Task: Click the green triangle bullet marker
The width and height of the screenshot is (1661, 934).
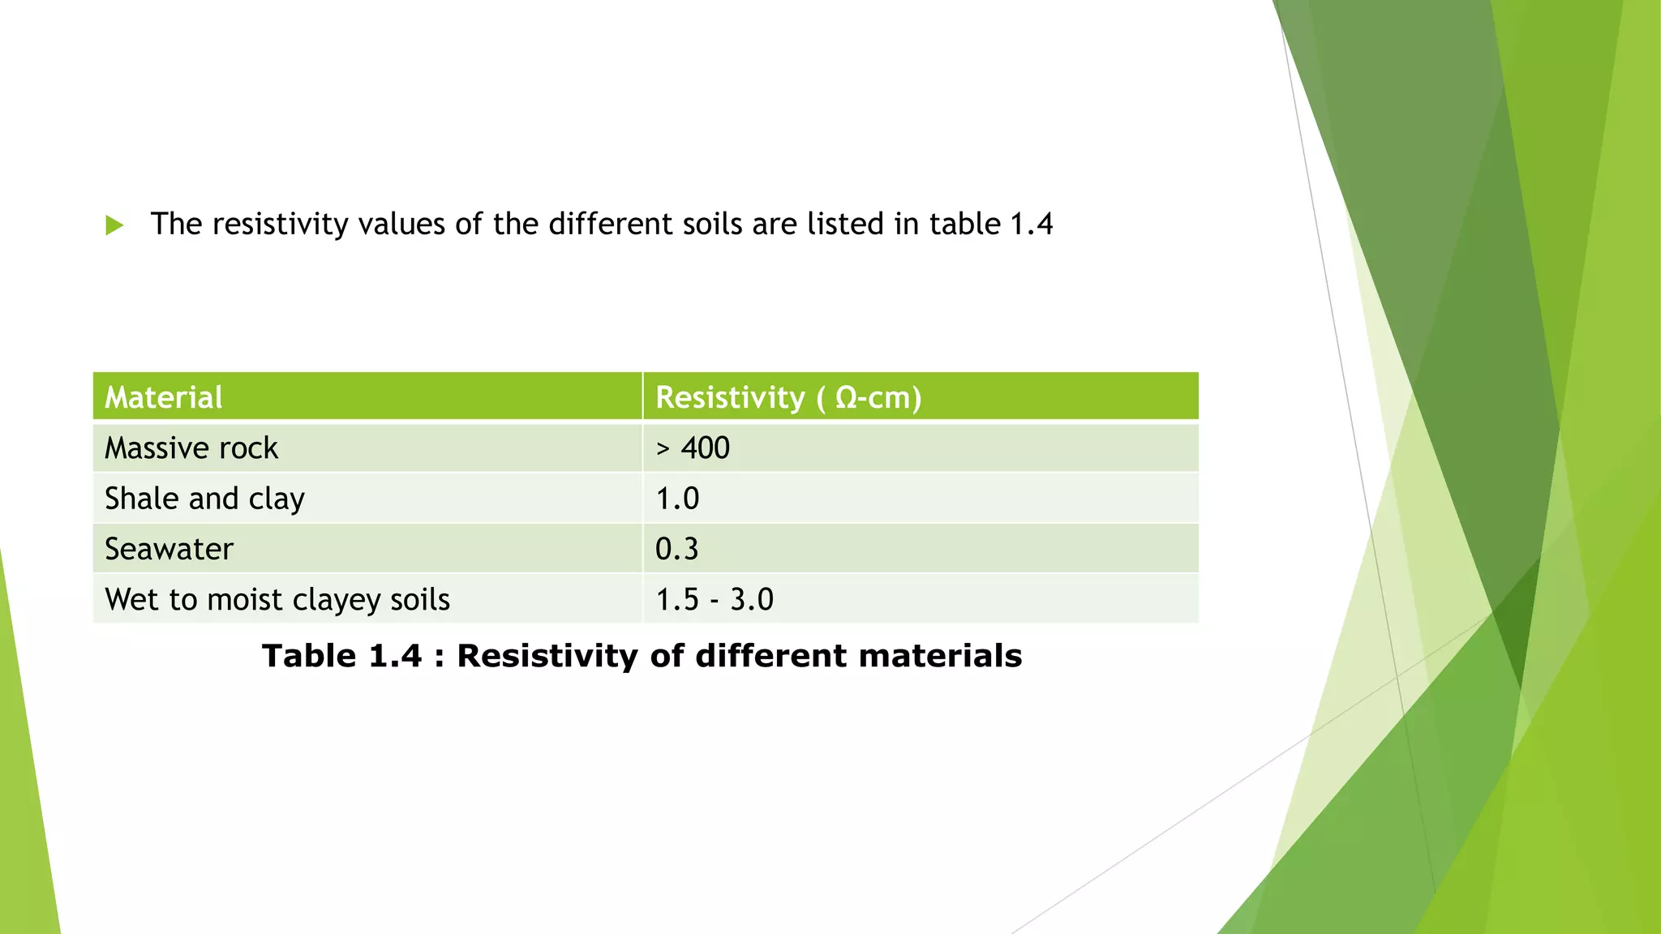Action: (x=114, y=225)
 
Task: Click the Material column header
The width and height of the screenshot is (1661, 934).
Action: (x=164, y=397)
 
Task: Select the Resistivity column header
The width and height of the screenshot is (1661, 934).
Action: (x=730, y=397)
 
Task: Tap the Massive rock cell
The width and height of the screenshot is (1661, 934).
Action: (x=191, y=448)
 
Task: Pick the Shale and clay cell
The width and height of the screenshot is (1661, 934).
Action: (x=204, y=499)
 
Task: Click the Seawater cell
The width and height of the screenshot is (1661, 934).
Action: (x=169, y=549)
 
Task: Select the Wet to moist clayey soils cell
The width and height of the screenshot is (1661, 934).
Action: (x=277, y=600)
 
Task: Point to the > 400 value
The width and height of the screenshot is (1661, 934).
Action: (x=693, y=448)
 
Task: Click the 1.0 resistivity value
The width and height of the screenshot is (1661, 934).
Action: (x=676, y=499)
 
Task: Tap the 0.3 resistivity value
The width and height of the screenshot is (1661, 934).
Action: (x=676, y=549)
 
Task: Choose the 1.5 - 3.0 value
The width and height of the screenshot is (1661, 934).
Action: (x=714, y=600)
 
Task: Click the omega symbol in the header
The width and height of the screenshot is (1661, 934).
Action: (x=846, y=398)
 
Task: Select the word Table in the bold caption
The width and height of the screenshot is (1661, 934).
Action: (x=309, y=656)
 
